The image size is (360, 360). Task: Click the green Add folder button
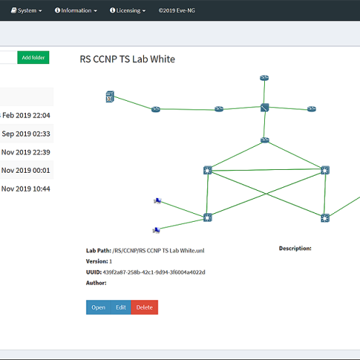coord(33,58)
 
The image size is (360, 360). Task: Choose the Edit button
coord(121,307)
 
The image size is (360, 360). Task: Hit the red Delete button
coord(145,307)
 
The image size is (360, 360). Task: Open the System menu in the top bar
coord(27,11)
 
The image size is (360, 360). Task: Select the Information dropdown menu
coord(76,11)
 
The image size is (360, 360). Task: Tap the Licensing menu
coord(127,11)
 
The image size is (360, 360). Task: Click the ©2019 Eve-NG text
coord(177,11)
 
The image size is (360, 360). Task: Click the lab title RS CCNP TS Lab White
coord(127,59)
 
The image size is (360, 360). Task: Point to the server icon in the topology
coord(110,96)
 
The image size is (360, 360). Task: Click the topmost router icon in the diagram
coord(264,78)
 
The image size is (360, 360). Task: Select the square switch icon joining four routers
coord(265,108)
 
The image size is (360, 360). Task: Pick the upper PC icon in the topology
coord(158,201)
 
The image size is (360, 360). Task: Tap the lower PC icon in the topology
coord(156,230)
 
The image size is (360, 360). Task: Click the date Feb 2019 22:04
coord(26,115)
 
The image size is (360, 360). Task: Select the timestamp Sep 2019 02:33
coord(26,134)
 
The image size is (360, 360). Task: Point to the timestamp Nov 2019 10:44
coord(26,189)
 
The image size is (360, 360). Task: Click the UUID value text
coord(154,272)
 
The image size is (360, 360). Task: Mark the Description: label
coord(295,248)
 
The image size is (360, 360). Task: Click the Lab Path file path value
coord(158,251)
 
